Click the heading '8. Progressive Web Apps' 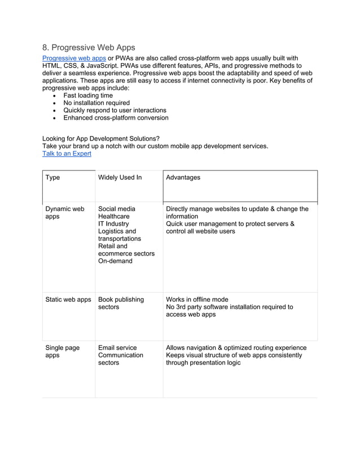pos(89,47)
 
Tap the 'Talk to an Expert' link pos(67,153)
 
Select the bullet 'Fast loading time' pos(87,96)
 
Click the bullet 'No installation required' pos(96,103)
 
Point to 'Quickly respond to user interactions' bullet pos(115,111)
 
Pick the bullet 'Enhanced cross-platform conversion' pos(116,118)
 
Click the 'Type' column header pos(52,178)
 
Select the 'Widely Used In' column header pos(120,178)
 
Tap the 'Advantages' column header pos(183,178)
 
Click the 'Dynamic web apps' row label pos(64,213)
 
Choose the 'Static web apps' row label pos(68,300)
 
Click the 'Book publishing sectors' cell pos(121,303)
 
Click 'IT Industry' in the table pos(113,224)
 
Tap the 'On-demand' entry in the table pos(115,261)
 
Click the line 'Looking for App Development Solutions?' pos(101,139)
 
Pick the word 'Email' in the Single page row pos(107,348)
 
